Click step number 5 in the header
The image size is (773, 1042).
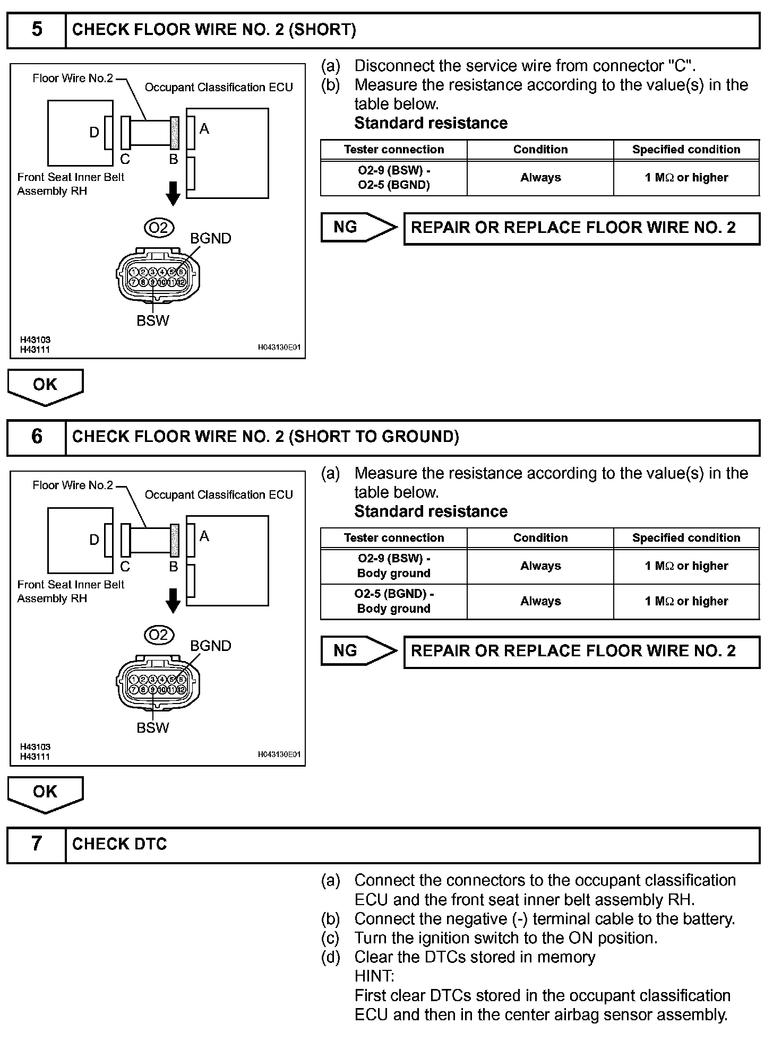37,30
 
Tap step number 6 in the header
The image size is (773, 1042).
37,437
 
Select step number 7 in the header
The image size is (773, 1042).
37,844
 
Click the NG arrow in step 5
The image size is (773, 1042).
359,228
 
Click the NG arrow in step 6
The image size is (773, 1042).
359,651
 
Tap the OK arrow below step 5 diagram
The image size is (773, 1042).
45,386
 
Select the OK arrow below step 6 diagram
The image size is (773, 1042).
45,793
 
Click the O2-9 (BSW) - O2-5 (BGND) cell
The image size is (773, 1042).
394,178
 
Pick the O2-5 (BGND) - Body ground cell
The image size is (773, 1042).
394,601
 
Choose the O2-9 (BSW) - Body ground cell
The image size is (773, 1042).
394,566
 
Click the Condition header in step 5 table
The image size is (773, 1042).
540,150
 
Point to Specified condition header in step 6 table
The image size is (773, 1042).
686,538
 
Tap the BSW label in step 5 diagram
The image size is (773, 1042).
153,320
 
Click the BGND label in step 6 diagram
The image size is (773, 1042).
211,646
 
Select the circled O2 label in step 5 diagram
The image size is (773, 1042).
159,228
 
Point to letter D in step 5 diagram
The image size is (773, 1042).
94,132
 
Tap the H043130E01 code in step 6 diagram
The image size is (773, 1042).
279,754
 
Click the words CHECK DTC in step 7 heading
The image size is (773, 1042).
119,844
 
